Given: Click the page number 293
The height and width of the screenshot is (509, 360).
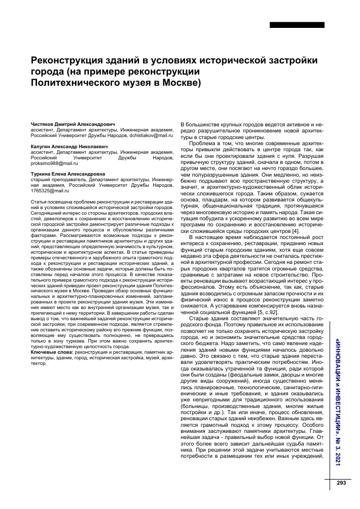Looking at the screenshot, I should tap(341, 483).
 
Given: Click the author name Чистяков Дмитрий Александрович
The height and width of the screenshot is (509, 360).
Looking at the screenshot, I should tap(73, 123).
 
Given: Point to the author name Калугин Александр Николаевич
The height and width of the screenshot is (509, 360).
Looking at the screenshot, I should tap(69, 146).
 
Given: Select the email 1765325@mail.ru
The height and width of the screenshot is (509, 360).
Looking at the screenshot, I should tap(50, 191).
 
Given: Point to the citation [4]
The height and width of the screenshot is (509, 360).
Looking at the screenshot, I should tap(296, 232).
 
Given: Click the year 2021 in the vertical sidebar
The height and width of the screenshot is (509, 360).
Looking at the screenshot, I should tap(338, 458).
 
